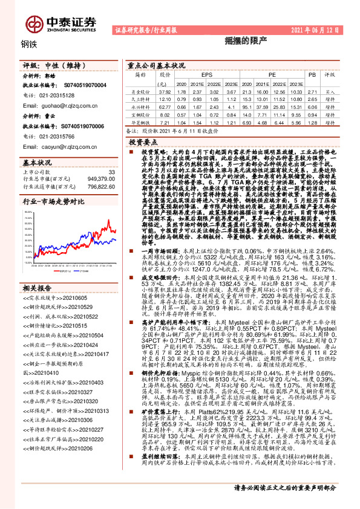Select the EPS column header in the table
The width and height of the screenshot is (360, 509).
[x=200, y=76]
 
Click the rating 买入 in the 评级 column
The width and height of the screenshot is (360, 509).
[x=330, y=91]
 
